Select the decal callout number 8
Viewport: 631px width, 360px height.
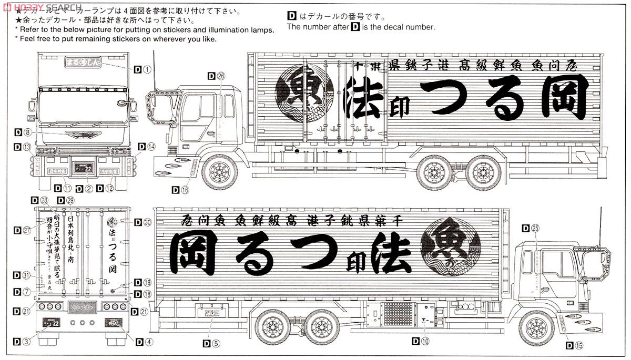tap(27, 132)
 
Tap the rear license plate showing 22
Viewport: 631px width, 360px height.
tap(53, 322)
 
